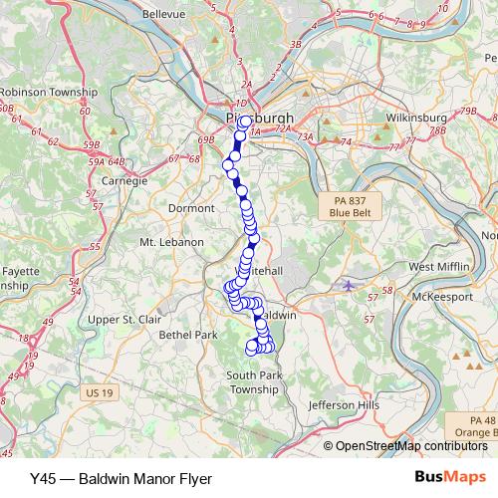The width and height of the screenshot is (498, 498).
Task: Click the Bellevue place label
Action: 165,15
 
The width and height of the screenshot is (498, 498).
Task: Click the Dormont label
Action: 193,208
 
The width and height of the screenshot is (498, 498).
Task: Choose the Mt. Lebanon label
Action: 171,242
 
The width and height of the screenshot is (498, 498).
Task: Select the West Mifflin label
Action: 438,267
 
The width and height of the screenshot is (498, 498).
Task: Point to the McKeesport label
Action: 446,296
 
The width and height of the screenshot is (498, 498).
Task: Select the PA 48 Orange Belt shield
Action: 470,425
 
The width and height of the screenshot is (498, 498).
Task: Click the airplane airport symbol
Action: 348,286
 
